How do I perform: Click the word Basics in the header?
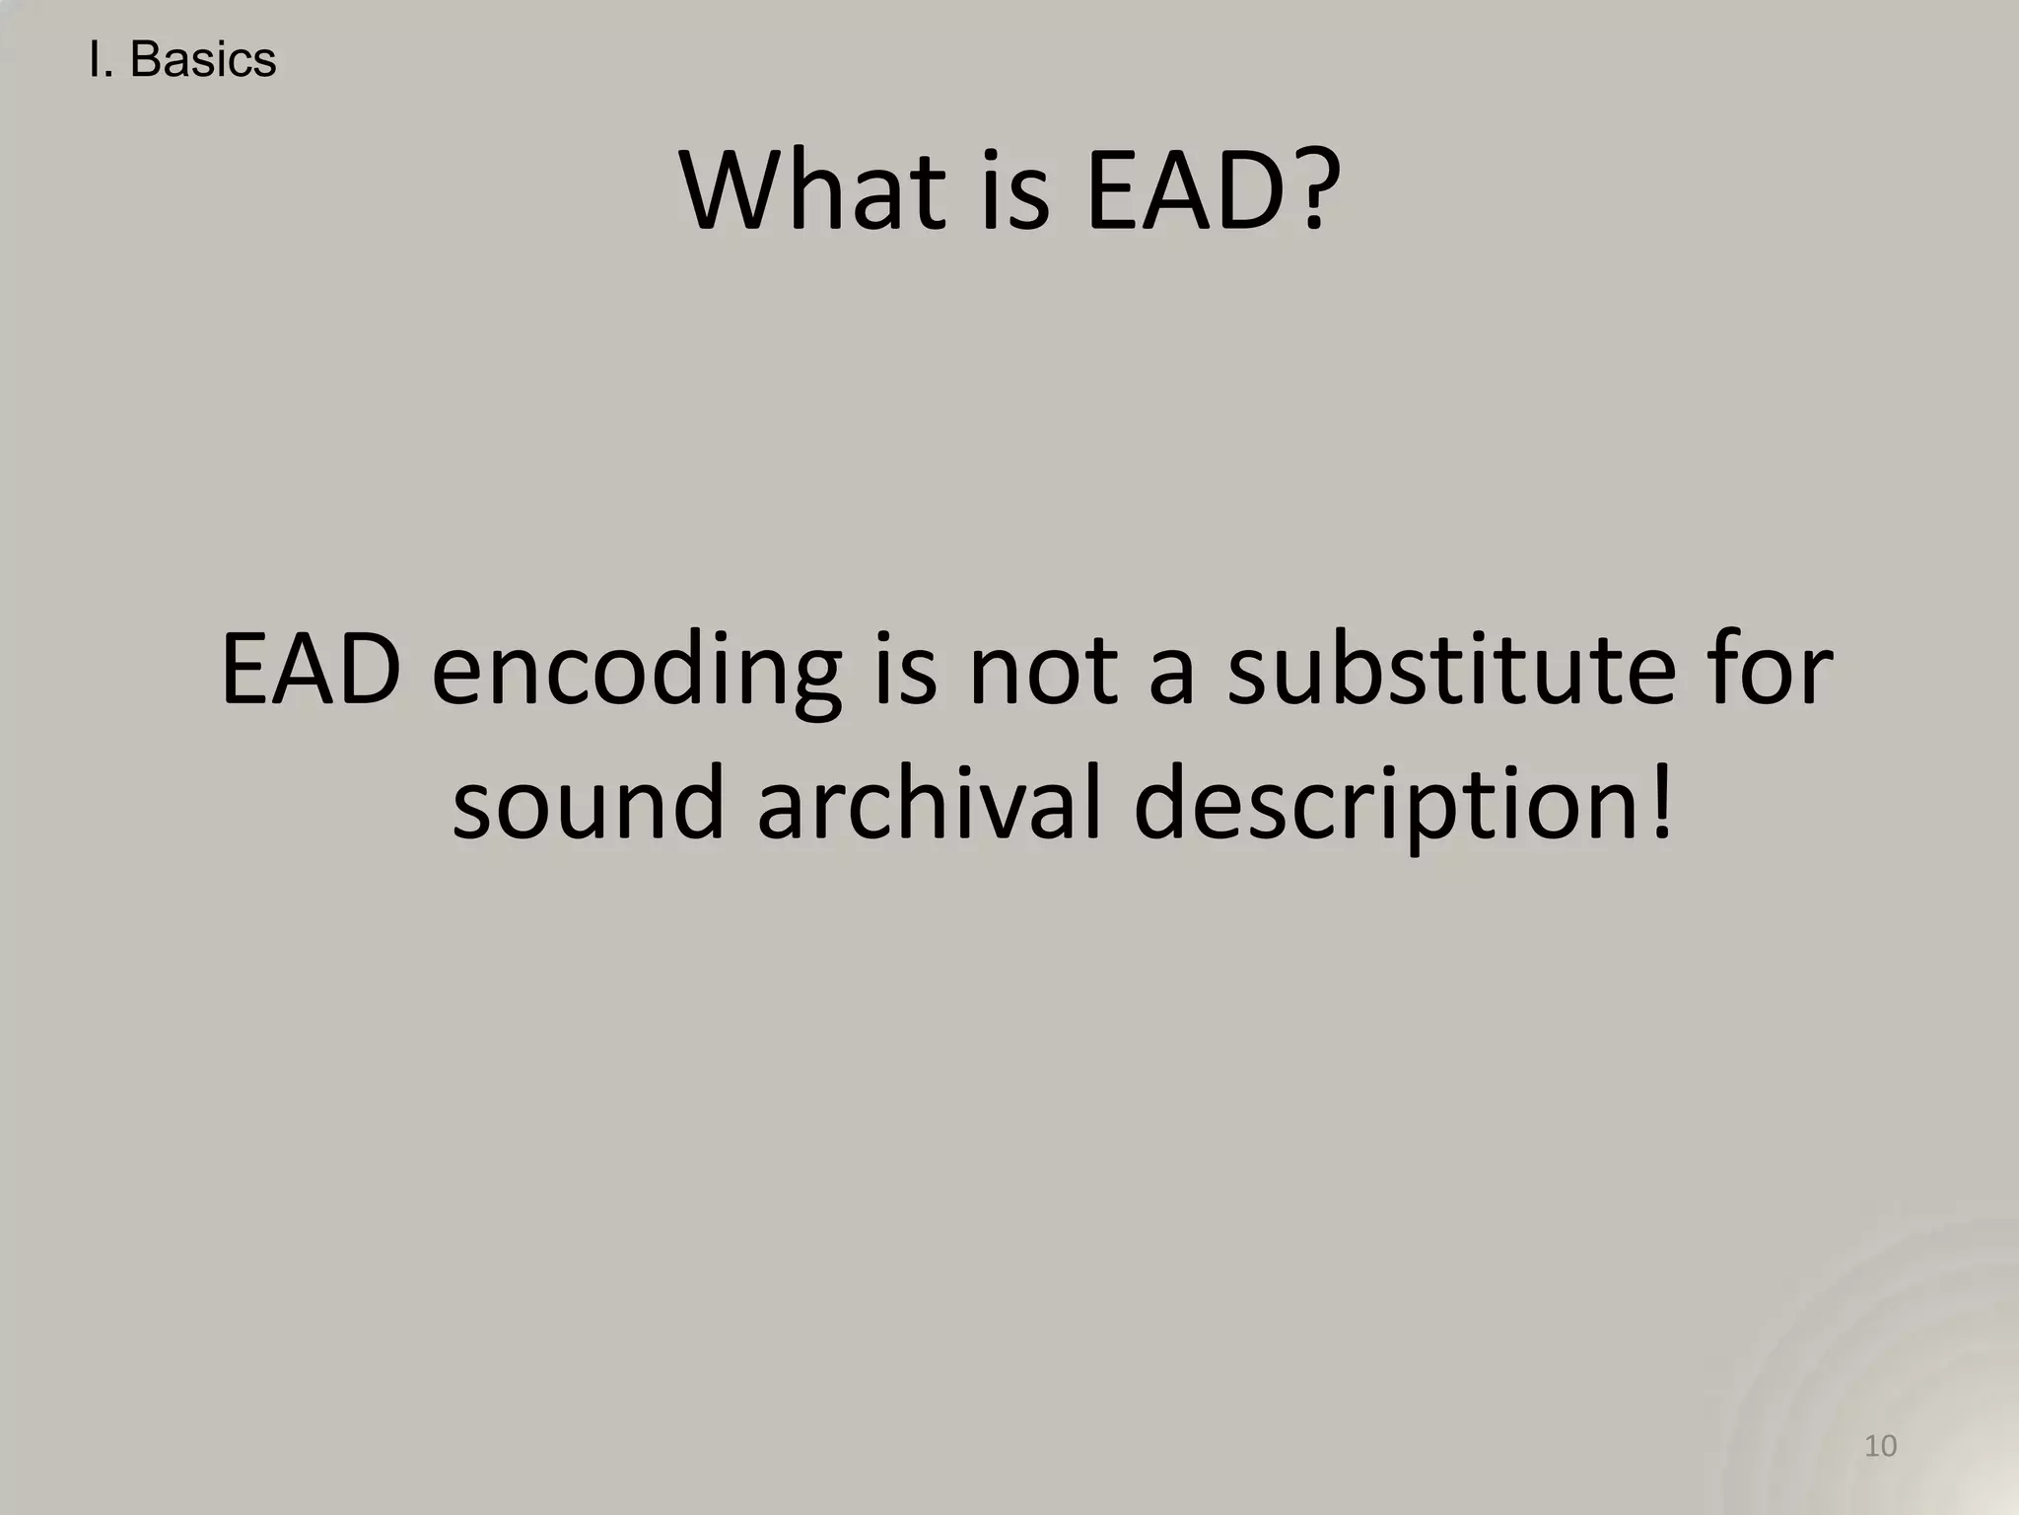[x=203, y=60]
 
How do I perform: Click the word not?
[x=1043, y=671]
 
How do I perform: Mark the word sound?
[x=589, y=804]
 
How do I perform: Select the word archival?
[x=928, y=804]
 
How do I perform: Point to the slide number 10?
[x=1881, y=1447]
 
